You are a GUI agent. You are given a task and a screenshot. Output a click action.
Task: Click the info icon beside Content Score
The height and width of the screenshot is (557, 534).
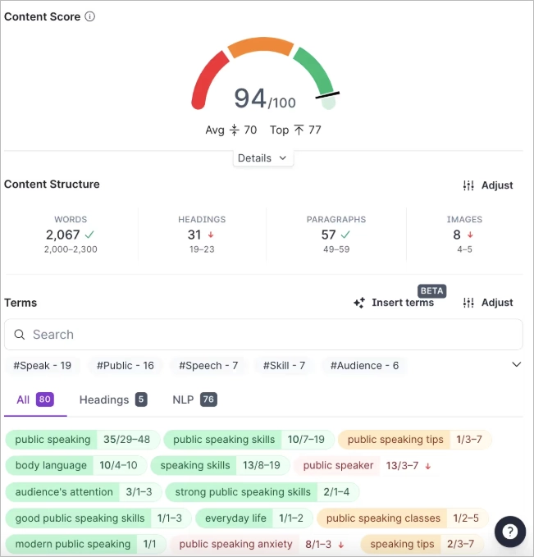pos(90,16)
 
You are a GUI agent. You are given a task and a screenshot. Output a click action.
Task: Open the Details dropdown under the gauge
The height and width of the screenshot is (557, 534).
pos(262,158)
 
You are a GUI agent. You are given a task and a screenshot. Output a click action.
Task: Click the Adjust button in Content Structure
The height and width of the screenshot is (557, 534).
pos(487,185)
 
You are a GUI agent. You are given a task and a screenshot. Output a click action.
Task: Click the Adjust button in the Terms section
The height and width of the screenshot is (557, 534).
pos(487,303)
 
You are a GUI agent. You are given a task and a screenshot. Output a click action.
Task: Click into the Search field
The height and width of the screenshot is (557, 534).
pos(262,335)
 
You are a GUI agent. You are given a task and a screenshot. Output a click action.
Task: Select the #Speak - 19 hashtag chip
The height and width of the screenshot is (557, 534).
pos(43,365)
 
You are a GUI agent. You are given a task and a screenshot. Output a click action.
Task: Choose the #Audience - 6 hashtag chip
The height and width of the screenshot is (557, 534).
pos(364,365)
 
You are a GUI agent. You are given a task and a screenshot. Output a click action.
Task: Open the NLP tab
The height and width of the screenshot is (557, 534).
pos(194,399)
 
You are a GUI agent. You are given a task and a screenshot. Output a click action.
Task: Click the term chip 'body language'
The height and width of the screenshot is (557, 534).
pos(51,465)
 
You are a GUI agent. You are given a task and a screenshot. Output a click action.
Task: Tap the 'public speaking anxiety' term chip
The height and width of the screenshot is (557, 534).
pos(236,544)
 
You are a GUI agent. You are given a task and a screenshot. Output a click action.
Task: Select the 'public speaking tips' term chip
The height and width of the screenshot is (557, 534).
pos(395,439)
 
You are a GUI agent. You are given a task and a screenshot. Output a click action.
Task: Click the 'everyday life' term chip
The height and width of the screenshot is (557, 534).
pos(236,518)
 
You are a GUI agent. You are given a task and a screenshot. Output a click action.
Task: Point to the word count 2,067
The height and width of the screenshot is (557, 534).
pos(63,235)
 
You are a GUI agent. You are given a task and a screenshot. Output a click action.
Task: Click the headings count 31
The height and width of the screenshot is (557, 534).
pos(195,235)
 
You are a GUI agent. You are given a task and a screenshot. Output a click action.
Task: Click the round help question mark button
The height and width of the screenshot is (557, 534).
pos(509,531)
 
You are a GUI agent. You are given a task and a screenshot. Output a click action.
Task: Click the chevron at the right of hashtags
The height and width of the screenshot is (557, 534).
pos(516,365)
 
